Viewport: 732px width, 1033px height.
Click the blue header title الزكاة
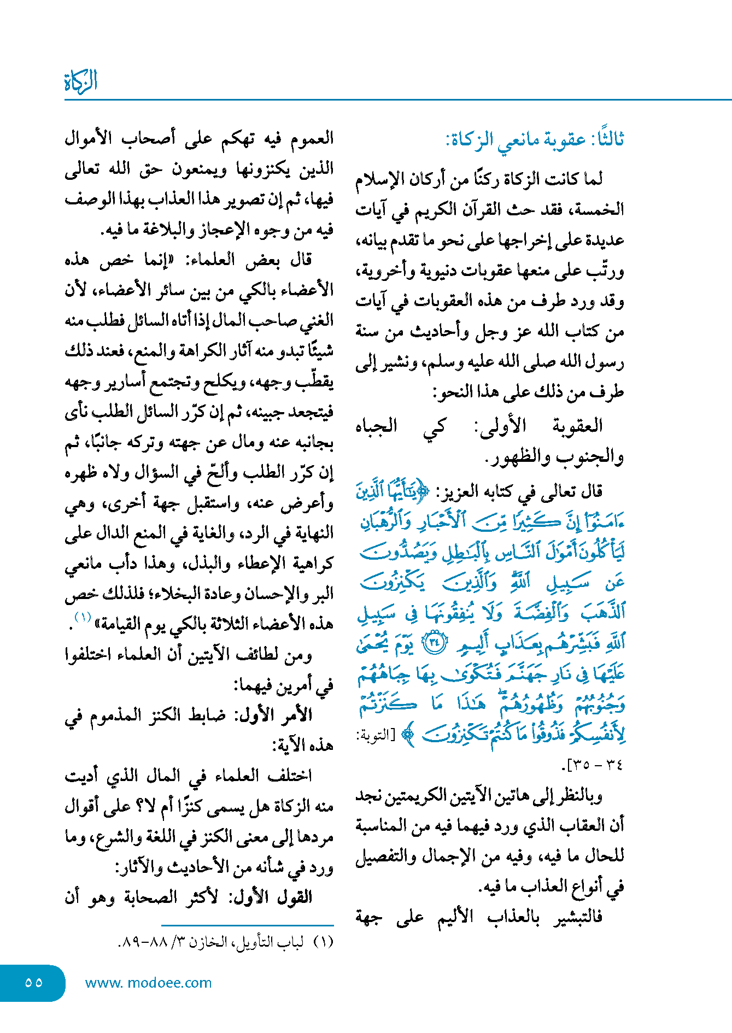81,81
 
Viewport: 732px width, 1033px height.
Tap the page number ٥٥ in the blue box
33,982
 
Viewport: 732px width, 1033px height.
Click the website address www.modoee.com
148,983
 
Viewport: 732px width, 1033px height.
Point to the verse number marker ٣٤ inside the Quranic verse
435,642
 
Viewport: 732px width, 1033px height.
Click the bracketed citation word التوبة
374,736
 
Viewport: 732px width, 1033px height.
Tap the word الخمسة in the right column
600,210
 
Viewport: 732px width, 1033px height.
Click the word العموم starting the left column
309,138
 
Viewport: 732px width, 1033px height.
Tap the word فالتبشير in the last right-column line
578,916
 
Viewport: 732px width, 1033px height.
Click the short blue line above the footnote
247,926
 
